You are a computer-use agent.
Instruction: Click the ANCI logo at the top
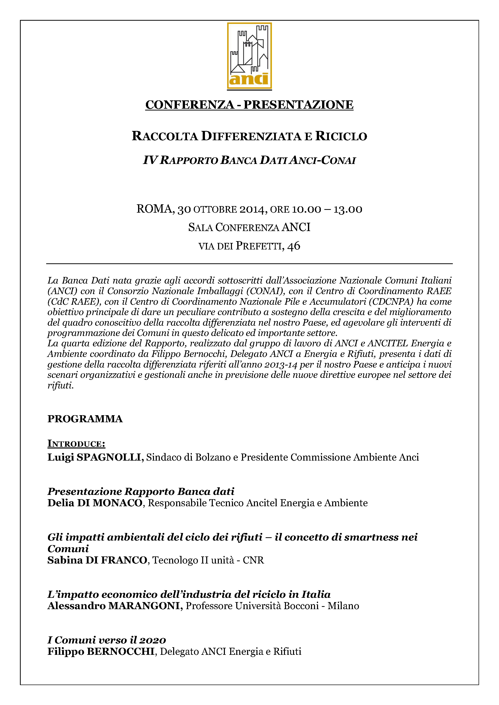tap(249, 56)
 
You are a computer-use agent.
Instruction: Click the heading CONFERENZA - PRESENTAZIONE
tap(249, 105)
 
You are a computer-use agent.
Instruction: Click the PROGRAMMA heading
tap(85, 419)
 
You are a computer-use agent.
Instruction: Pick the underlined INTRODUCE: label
tap(76, 444)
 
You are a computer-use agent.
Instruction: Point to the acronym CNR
tap(253, 560)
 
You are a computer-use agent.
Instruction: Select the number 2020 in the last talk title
tap(152, 640)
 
